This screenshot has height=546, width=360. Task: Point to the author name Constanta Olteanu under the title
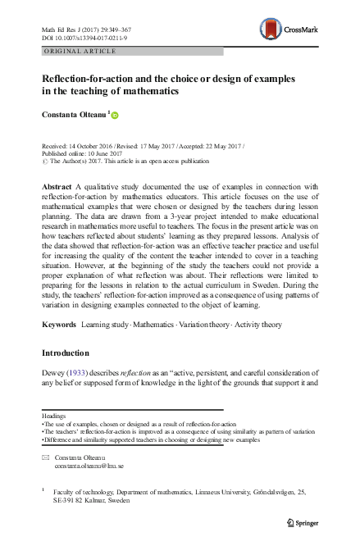coord(74,115)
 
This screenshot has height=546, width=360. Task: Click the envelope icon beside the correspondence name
coord(45,454)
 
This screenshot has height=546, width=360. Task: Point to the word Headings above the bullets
coord(54,415)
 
